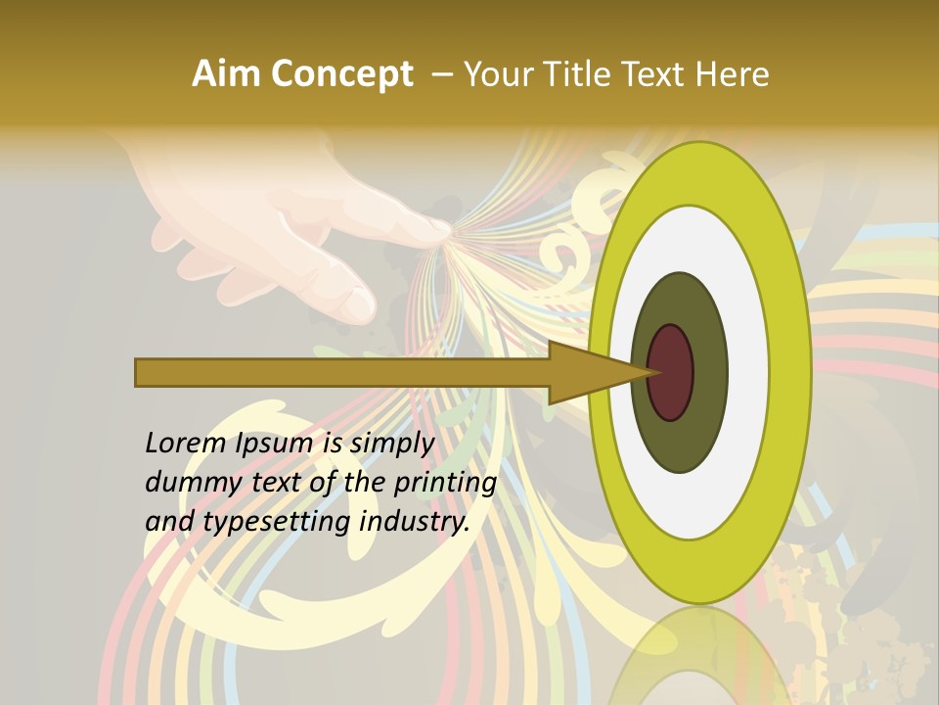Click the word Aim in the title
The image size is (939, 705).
click(223, 74)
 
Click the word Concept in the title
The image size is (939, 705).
click(339, 74)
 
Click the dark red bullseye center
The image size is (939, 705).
click(671, 372)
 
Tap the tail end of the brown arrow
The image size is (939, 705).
click(142, 372)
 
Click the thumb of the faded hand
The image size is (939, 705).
click(347, 294)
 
